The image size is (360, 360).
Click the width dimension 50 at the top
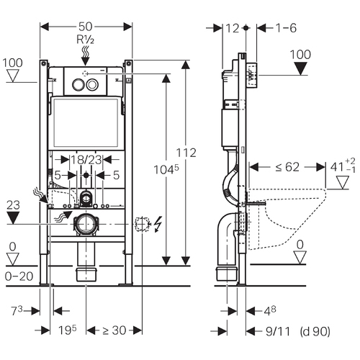tap(85, 27)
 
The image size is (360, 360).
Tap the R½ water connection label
tap(85, 40)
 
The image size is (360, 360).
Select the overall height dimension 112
tap(186, 153)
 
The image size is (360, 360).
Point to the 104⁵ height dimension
tap(166, 169)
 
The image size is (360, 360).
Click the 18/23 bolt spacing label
tap(86, 160)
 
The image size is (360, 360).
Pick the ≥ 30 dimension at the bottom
tap(114, 330)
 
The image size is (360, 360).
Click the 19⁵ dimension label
tap(68, 330)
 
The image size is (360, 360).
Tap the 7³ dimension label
tap(17, 310)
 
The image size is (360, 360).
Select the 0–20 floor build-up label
tap(19, 276)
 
